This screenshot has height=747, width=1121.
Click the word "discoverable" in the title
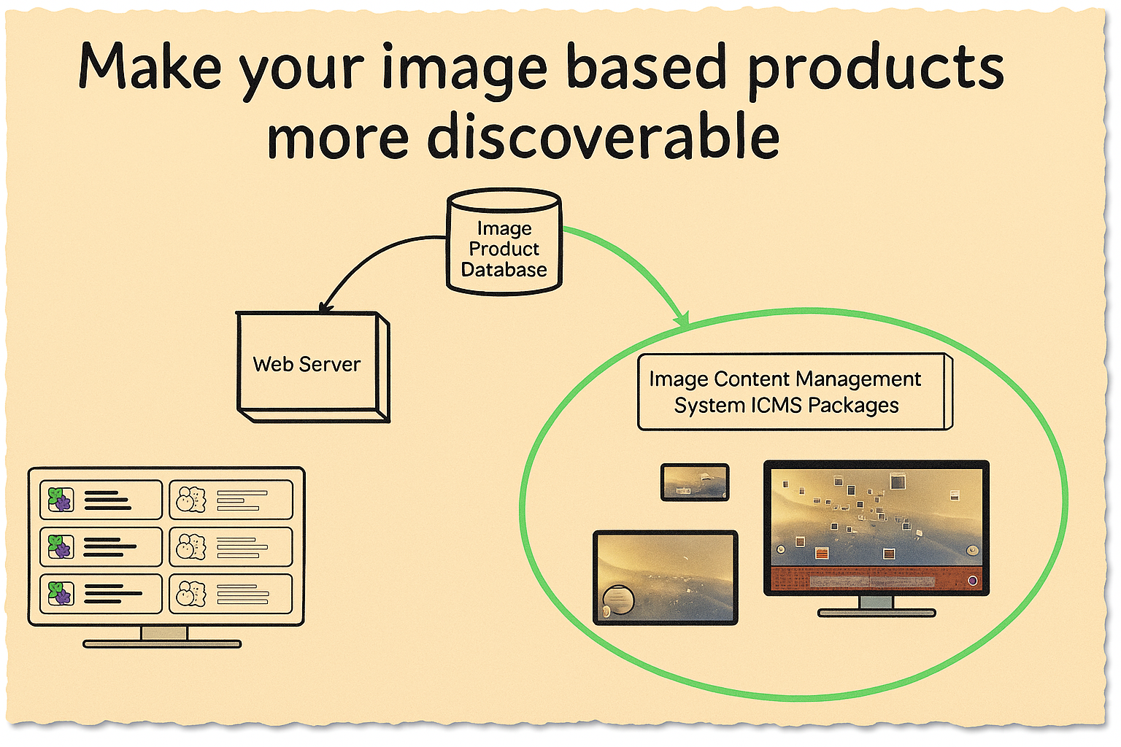click(604, 135)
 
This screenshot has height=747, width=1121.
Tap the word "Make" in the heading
click(150, 66)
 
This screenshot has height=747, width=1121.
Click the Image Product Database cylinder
click(504, 241)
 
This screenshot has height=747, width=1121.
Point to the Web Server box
click(313, 367)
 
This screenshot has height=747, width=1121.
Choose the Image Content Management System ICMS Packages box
click(796, 392)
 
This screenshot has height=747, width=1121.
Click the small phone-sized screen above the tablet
click(695, 482)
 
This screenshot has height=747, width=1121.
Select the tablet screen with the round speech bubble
click(665, 578)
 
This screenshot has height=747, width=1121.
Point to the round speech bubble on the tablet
click(619, 600)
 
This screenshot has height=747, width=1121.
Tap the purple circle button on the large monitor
click(972, 581)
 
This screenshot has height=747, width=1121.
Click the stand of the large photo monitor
click(877, 606)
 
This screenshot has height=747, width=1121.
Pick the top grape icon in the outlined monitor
click(61, 499)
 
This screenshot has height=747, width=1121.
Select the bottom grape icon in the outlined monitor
click(61, 593)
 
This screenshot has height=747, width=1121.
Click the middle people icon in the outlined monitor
click(191, 546)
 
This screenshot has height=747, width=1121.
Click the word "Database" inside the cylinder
click(504, 270)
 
